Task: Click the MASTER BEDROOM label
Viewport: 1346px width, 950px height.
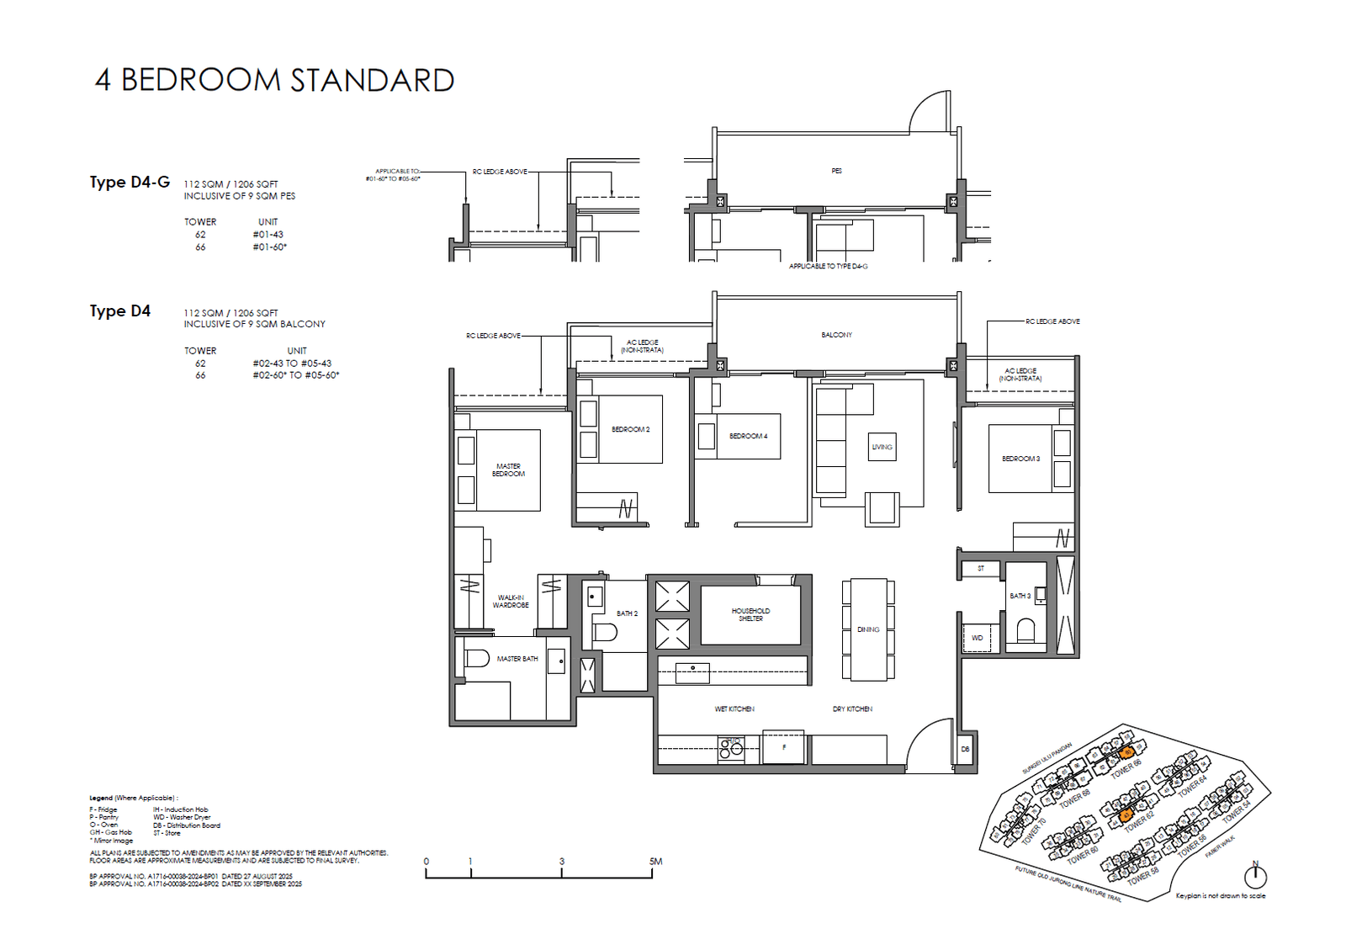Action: [x=508, y=470]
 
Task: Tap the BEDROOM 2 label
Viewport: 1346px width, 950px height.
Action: [x=630, y=429]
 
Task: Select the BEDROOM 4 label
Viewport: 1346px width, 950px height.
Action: [x=748, y=436]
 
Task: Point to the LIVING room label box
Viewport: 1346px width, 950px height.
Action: [x=882, y=447]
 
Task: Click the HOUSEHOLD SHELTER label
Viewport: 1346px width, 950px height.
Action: [x=750, y=615]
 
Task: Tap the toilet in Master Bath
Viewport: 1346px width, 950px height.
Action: [x=476, y=658]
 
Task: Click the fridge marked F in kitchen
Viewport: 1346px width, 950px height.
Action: [x=783, y=747]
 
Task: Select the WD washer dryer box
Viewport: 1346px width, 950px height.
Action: [x=977, y=638]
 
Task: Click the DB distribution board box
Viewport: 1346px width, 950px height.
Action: [x=965, y=749]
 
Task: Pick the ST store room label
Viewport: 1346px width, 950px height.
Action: [x=980, y=569]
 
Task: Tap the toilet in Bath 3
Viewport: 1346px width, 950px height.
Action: [x=1025, y=630]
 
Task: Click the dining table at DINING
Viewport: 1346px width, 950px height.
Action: [x=868, y=629]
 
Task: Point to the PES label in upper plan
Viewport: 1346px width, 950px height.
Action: [x=836, y=171]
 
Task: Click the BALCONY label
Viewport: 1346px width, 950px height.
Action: [x=836, y=335]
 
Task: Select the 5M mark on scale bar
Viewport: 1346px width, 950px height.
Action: [x=655, y=862]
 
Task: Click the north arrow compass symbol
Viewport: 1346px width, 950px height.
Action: [x=1255, y=876]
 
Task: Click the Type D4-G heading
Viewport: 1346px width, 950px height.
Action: [x=130, y=183]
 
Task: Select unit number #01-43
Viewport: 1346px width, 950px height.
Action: [x=268, y=235]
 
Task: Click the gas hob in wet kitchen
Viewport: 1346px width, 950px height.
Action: [x=731, y=749]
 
